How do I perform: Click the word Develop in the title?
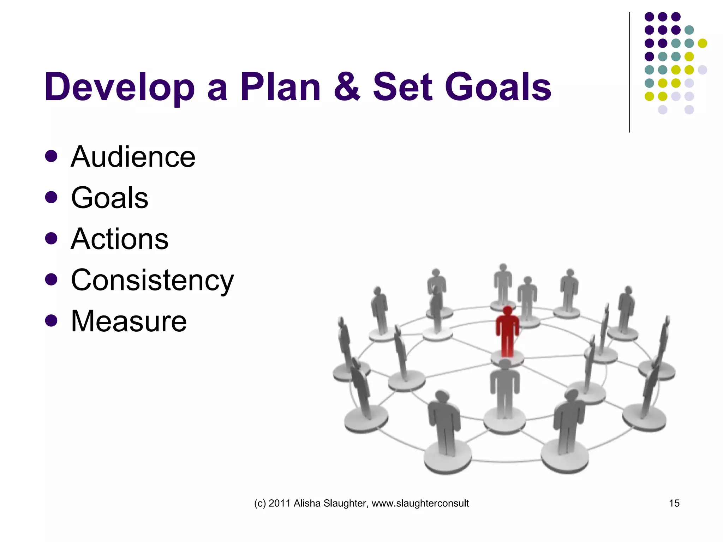119,87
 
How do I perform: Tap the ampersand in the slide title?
347,86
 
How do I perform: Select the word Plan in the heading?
280,86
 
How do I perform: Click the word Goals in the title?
498,86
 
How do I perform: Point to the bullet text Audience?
133,157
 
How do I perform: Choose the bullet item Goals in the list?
109,198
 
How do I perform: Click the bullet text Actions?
119,239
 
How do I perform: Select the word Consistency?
152,280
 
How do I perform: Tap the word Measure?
129,321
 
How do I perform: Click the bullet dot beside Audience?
51,156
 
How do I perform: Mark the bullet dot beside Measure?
51,321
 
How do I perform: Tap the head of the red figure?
508,311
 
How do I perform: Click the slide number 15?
674,503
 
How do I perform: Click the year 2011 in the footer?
280,503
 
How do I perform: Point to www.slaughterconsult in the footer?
420,503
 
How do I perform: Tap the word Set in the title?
402,86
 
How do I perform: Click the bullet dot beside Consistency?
51,280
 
